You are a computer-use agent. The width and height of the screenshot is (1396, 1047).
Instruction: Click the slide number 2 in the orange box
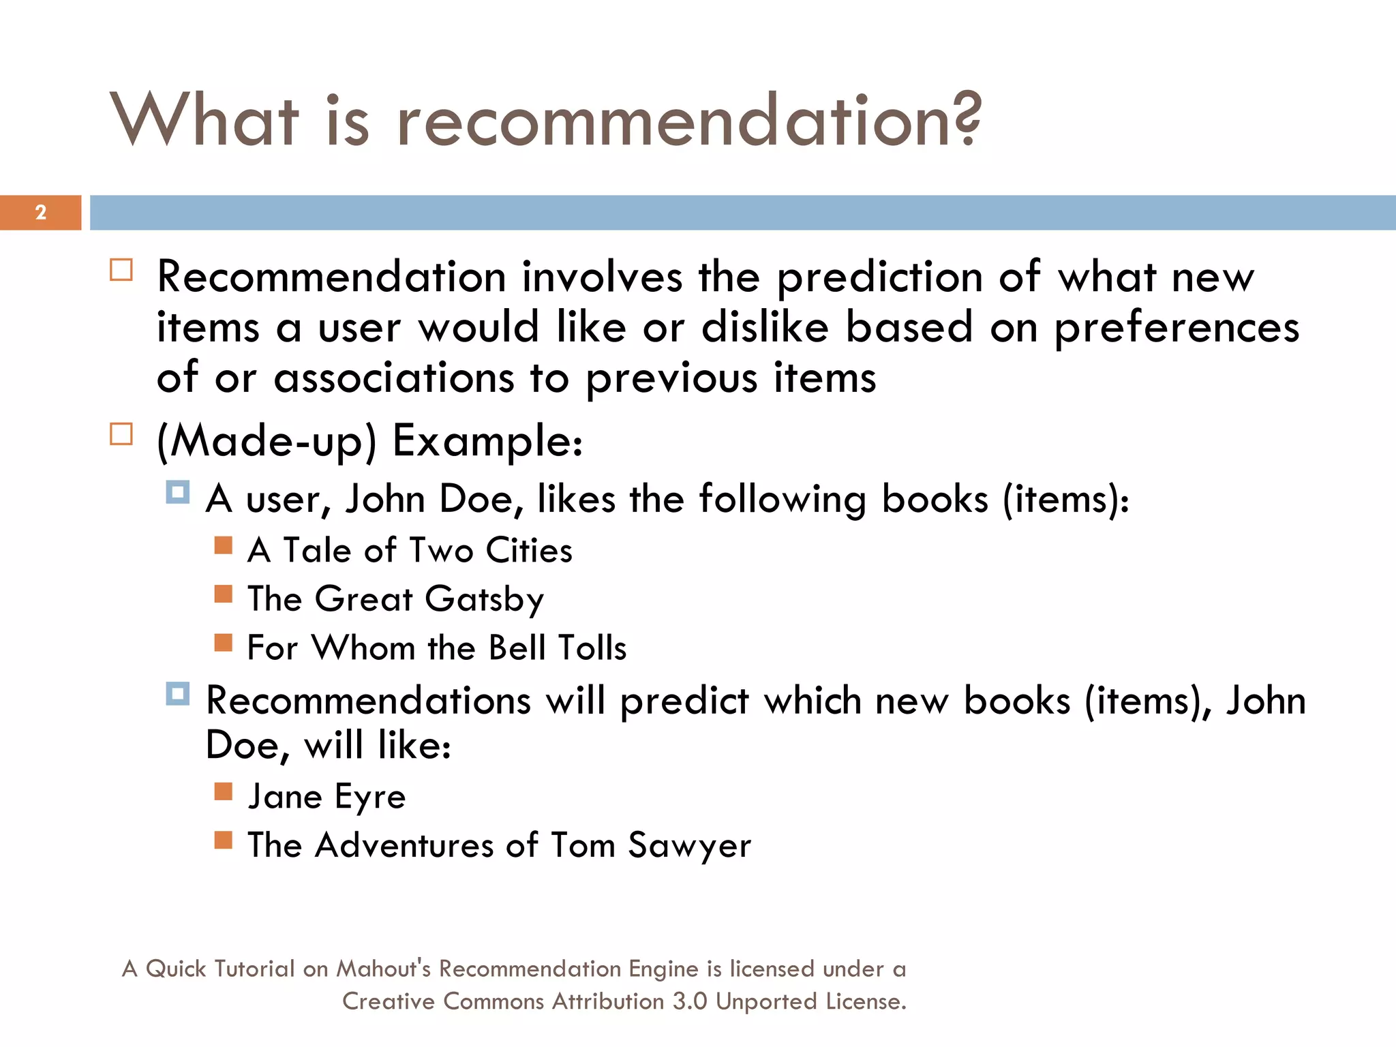(41, 213)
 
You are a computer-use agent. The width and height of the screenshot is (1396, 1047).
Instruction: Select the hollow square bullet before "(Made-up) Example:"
(121, 434)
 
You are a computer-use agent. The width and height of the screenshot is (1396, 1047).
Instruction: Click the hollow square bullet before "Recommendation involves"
(121, 270)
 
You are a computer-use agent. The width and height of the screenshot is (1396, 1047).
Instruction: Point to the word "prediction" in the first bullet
(880, 278)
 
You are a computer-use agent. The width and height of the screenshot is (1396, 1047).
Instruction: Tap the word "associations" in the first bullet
(394, 378)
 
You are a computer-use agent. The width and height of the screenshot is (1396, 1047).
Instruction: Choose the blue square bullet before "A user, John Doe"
(178, 492)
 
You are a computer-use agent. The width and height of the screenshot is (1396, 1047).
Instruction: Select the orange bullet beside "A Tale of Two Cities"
(223, 545)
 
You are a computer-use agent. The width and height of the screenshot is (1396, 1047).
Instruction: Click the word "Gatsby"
(484, 600)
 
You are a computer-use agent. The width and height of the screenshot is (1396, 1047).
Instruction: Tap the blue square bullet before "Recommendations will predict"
(178, 694)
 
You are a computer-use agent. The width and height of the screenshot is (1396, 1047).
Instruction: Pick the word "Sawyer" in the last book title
(689, 846)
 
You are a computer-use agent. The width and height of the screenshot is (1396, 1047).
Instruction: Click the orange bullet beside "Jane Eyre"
(223, 791)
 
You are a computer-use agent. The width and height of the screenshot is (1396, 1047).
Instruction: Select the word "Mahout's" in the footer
(384, 969)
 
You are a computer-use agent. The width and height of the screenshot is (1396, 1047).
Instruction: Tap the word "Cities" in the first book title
(529, 551)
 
